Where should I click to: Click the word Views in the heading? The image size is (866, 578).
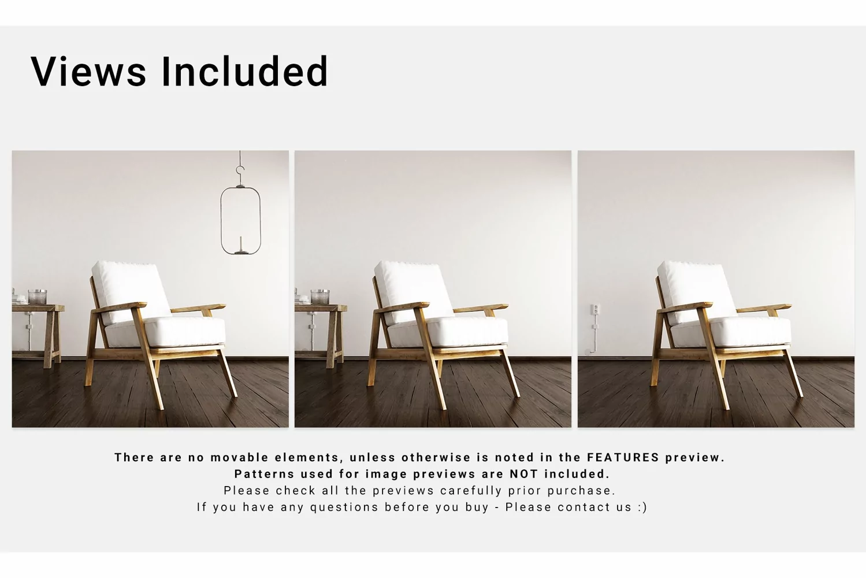pos(88,71)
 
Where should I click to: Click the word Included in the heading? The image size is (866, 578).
pos(245,71)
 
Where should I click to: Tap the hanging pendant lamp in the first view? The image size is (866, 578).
pos(240,221)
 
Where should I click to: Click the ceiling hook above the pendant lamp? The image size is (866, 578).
pos(240,171)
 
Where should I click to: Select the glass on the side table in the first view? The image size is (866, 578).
pos(38,297)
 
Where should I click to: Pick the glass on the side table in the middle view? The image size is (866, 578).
pos(320,297)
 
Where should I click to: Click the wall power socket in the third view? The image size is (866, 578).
pos(596,309)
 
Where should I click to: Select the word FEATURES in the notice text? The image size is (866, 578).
pos(623,457)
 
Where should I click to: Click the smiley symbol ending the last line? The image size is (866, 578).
pos(642,507)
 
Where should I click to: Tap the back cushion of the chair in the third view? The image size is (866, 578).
pos(697,292)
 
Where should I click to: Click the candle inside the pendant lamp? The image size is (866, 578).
pos(241,244)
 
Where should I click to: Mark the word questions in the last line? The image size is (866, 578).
pos(344,507)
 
